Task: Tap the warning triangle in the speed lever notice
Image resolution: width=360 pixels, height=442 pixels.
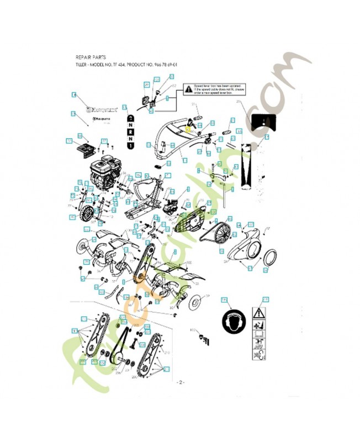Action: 188,88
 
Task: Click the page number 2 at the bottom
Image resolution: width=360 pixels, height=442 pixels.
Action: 180,382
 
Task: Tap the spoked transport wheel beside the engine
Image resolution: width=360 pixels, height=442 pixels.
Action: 86,213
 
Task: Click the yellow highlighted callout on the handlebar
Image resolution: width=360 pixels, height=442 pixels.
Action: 188,129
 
